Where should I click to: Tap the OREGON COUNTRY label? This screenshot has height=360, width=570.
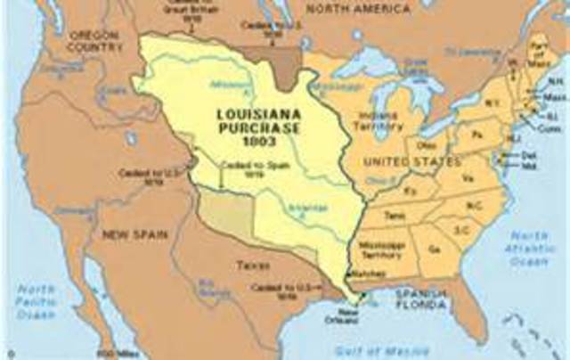click(93, 41)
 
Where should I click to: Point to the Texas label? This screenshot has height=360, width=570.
click(251, 265)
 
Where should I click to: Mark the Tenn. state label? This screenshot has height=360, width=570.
click(395, 215)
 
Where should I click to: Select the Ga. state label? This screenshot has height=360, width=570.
click(434, 251)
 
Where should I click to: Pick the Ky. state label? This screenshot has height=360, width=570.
click(411, 191)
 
